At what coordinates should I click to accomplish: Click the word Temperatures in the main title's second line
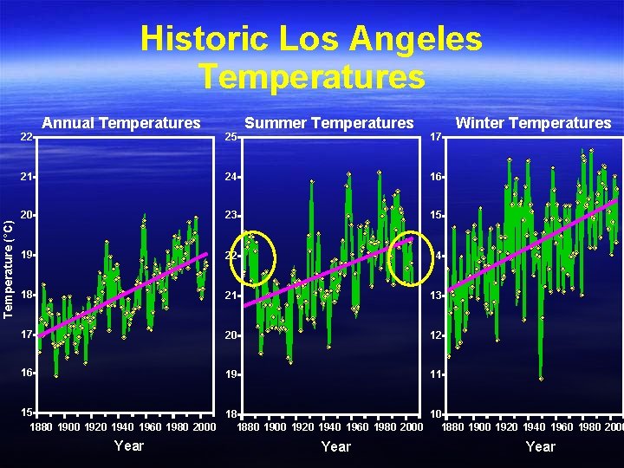(x=312, y=76)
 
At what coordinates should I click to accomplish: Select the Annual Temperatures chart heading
(x=121, y=123)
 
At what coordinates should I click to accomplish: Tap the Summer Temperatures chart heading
(x=329, y=123)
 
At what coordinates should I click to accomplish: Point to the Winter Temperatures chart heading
(x=533, y=123)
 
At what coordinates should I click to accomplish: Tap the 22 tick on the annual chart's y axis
(x=27, y=137)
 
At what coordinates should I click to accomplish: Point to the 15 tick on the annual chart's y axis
(x=27, y=413)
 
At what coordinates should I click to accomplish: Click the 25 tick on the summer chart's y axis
(x=231, y=137)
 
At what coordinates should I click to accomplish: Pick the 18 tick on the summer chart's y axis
(x=231, y=415)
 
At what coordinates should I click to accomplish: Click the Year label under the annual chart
(x=129, y=445)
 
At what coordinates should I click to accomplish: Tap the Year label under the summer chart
(x=335, y=446)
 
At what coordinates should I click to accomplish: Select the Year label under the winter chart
(x=540, y=446)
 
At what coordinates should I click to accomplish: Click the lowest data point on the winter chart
(x=541, y=379)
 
